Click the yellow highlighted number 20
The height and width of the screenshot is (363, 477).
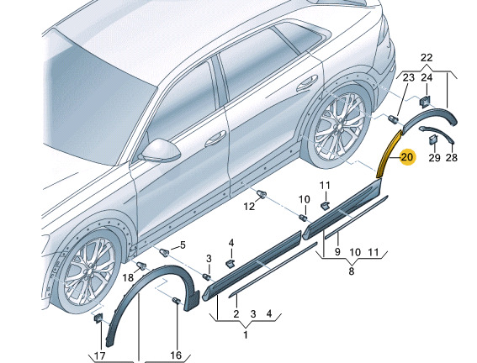coord(407,157)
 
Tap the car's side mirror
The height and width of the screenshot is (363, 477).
coord(159,151)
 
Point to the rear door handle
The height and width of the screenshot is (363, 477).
coord(307,83)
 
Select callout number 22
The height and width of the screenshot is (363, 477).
coord(427,57)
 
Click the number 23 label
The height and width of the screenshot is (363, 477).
coord(408,78)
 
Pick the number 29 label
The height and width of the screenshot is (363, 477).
coord(434,157)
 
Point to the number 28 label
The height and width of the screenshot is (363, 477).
coord(452,157)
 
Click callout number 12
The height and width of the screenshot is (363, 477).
coord(249,207)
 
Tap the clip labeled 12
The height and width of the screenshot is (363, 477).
coord(262,194)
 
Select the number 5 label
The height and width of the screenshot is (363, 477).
coord(183,245)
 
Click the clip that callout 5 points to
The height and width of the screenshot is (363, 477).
coord(164,252)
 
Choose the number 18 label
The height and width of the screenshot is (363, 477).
coord(128,277)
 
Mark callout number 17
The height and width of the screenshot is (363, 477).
coord(100,355)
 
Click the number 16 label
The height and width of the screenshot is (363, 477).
coord(176,355)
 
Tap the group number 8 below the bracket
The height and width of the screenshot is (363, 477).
coord(352,271)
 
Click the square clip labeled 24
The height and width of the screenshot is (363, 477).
coord(424,101)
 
